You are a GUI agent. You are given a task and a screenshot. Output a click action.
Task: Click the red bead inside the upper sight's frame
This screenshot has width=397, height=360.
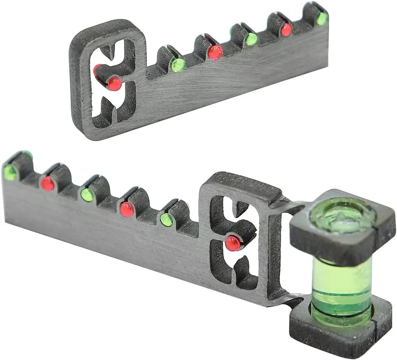(x=114, y=83)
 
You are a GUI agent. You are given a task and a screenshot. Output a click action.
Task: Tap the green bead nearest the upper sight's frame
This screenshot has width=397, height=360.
(x=178, y=65)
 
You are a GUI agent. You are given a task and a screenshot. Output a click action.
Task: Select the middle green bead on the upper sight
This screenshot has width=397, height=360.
(x=251, y=39)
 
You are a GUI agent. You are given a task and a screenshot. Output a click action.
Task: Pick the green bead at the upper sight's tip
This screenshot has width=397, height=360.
(x=322, y=19)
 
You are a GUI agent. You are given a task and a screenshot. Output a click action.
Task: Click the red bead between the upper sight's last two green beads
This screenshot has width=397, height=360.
(x=286, y=30)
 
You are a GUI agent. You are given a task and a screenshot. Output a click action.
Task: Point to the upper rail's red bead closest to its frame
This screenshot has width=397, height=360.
(x=215, y=52)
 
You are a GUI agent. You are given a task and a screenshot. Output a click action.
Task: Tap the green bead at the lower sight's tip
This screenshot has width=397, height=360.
(x=10, y=173)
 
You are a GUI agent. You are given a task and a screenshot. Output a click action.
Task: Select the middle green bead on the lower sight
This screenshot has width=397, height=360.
(x=87, y=195)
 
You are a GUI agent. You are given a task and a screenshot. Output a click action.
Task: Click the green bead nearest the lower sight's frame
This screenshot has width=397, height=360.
(x=166, y=220)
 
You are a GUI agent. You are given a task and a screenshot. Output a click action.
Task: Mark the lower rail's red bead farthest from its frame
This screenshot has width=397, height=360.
(x=47, y=183)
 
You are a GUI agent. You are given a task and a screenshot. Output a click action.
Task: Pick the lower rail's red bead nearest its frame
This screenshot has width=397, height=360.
(x=127, y=209)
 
